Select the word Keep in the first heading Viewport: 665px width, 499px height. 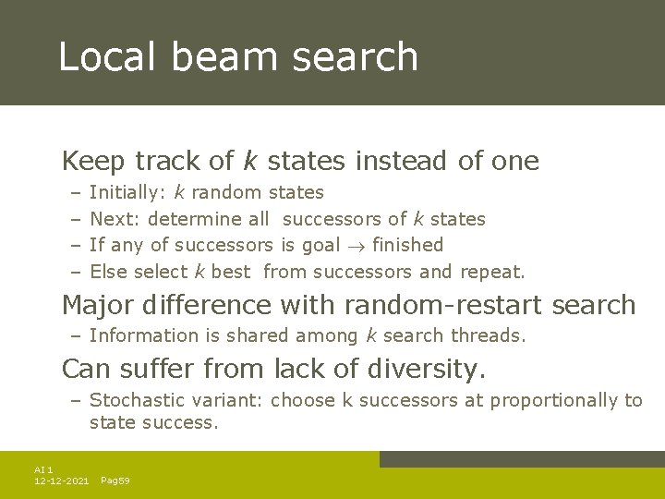click(93, 161)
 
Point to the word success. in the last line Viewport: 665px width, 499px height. click(187, 423)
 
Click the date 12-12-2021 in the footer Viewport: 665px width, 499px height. click(61, 481)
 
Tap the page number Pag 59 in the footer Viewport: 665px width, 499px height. click(115, 481)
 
